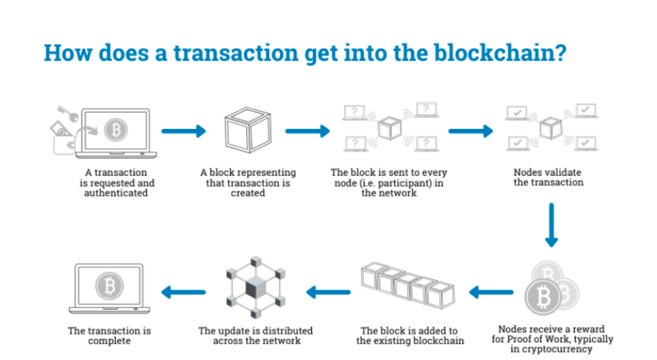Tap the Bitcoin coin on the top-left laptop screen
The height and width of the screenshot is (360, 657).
pyautogui.click(x=116, y=130)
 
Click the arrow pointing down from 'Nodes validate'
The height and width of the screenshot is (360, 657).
pyautogui.click(x=551, y=225)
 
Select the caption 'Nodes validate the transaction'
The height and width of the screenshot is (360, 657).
pyautogui.click(x=548, y=178)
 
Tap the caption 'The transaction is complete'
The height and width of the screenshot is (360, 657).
pyautogui.click(x=109, y=336)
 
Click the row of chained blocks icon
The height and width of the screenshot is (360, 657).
pyautogui.click(x=407, y=286)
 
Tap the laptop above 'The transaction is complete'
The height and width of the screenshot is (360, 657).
pyautogui.click(x=109, y=288)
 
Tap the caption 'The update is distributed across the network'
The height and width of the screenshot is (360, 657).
pyautogui.click(x=255, y=336)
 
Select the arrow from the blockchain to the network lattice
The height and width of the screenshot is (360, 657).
pyautogui.click(x=328, y=292)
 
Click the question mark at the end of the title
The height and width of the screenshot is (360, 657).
pyautogui.click(x=560, y=53)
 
